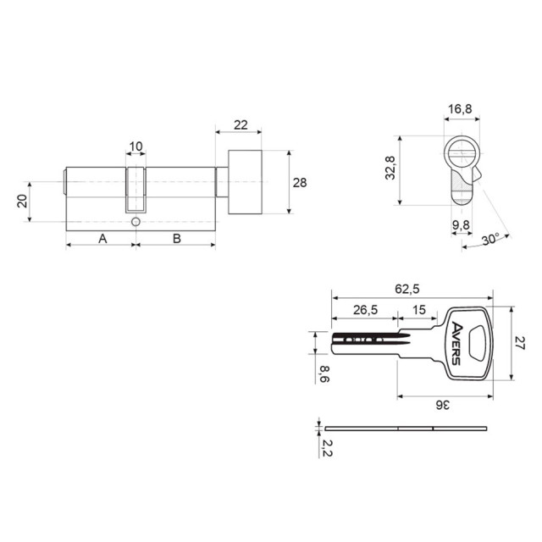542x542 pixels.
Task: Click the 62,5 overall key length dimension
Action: (x=407, y=288)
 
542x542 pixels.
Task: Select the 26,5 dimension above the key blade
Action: (x=365, y=310)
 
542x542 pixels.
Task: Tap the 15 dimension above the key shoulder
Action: (x=419, y=310)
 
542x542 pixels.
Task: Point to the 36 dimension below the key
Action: (x=442, y=405)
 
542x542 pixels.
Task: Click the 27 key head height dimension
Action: (x=520, y=342)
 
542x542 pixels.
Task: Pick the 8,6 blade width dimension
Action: (x=324, y=374)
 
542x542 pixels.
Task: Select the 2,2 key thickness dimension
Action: (x=327, y=448)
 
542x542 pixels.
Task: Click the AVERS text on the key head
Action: (x=456, y=343)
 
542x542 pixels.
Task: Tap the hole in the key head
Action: (x=477, y=343)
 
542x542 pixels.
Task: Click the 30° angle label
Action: (x=491, y=239)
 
